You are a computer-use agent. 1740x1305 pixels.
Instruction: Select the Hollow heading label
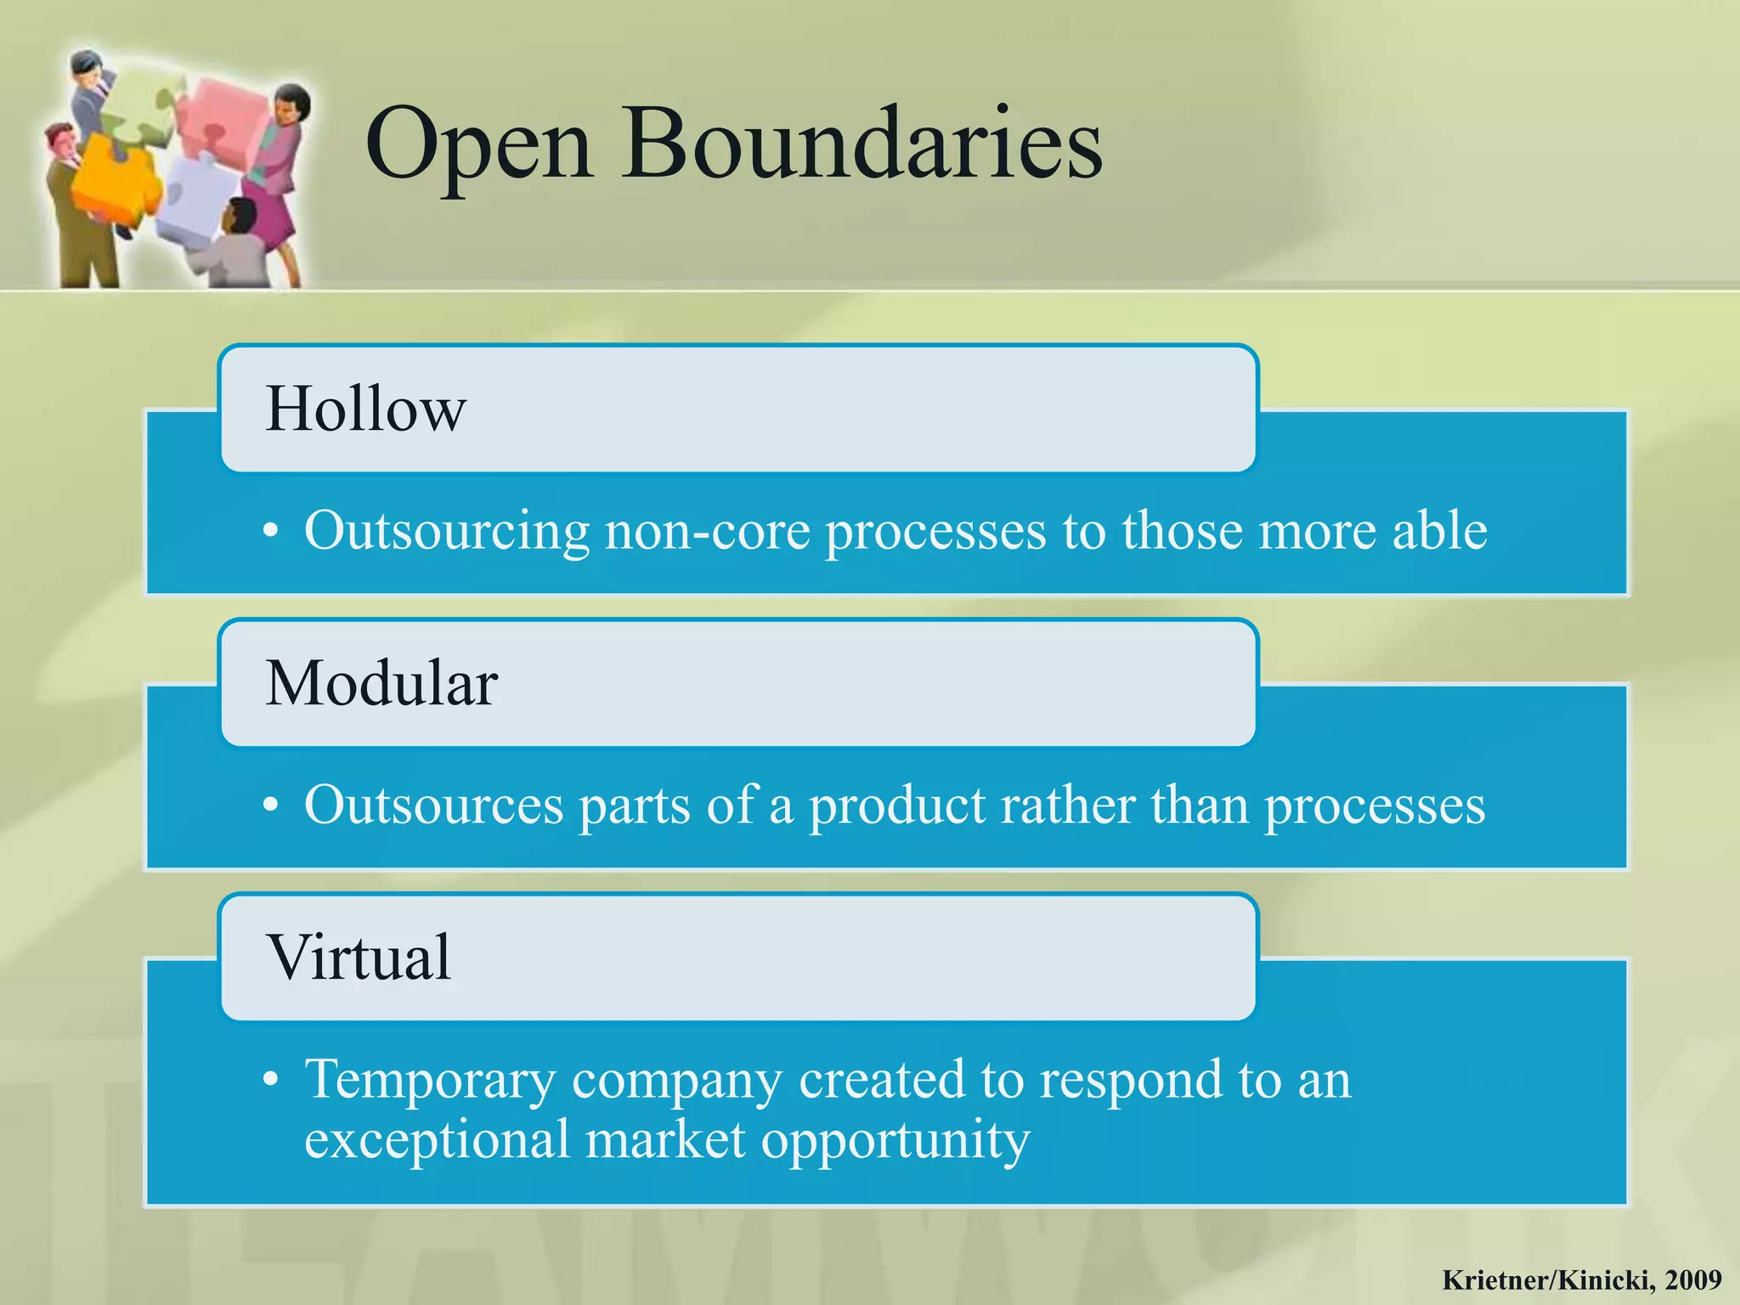tap(365, 410)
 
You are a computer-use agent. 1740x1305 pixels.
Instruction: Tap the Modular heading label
tap(381, 683)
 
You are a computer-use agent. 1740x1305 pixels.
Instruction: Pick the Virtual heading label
tap(359, 958)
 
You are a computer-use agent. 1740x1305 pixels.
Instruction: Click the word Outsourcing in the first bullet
tap(446, 531)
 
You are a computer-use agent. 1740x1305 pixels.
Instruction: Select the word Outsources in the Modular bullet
tap(433, 805)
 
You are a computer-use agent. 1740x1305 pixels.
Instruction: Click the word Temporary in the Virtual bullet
tap(430, 1080)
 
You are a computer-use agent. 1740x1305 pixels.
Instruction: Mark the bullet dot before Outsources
tap(270, 805)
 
